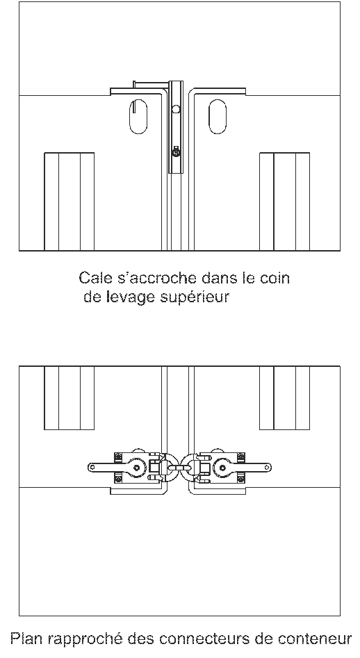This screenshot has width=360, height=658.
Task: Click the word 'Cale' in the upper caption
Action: click(x=92, y=279)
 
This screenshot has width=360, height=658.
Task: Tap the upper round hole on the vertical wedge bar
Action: click(x=177, y=109)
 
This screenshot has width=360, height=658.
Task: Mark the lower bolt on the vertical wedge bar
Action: click(x=177, y=151)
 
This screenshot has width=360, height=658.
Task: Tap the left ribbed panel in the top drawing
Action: click(x=69, y=201)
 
